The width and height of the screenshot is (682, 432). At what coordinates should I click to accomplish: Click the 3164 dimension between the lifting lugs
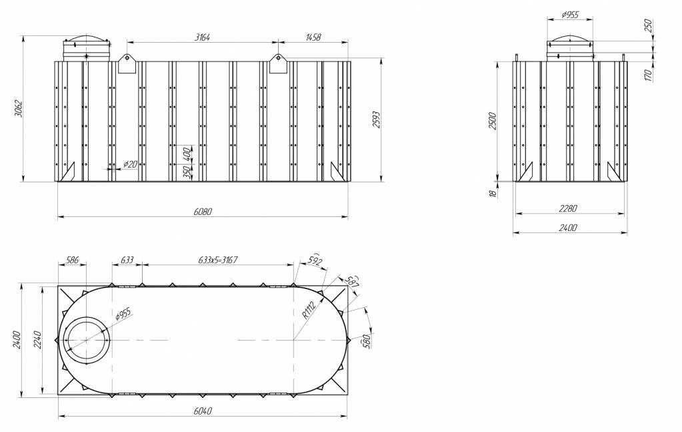click(x=203, y=37)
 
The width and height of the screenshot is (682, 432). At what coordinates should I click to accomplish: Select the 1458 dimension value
click(x=313, y=37)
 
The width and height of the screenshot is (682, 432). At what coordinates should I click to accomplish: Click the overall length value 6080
click(x=203, y=212)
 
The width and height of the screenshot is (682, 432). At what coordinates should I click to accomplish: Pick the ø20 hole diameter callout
click(x=130, y=164)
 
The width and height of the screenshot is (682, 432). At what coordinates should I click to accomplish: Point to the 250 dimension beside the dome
click(x=648, y=26)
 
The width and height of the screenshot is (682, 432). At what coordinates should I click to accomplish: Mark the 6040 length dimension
click(x=203, y=411)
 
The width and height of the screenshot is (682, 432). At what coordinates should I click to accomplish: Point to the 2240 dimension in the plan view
click(x=39, y=340)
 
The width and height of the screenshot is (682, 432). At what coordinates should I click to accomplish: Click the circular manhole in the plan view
click(x=86, y=340)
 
